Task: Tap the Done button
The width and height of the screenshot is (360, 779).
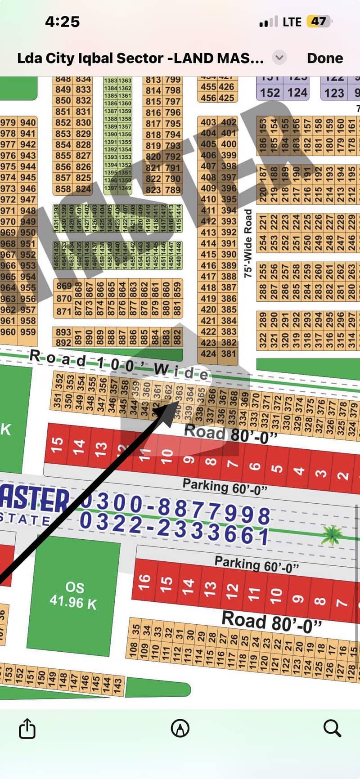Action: point(324,58)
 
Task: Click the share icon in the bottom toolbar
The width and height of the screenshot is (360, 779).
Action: point(27,728)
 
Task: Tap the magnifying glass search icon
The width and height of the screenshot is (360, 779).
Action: point(332,728)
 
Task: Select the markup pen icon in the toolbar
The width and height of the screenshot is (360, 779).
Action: point(180,728)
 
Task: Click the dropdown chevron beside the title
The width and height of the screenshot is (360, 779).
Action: point(279,58)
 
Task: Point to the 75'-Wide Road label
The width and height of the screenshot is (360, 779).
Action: point(248,243)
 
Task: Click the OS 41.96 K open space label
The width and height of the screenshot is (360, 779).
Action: point(73,595)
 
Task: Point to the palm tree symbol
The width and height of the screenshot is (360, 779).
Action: point(333,536)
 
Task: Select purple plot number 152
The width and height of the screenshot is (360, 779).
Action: point(270,93)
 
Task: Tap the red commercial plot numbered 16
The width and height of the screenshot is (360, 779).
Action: point(144,582)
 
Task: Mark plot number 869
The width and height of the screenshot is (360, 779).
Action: point(64,286)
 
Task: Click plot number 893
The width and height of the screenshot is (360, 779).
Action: point(63,332)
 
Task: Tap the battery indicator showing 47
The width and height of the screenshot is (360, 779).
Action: point(319,22)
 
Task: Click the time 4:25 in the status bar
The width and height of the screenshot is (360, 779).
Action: point(63,22)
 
